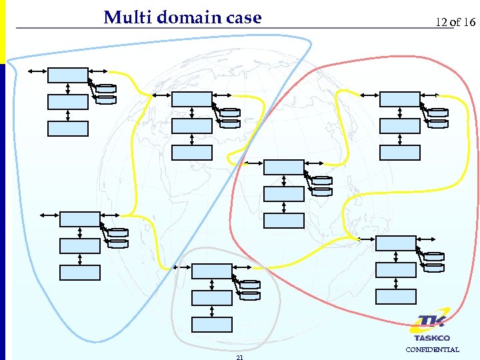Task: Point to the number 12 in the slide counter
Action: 441,22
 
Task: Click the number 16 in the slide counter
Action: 469,22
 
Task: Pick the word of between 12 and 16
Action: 455,22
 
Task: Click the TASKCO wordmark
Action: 431,338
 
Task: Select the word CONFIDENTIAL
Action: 432,349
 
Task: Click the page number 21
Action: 239,357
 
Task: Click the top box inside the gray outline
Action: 211,271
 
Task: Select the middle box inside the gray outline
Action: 211,298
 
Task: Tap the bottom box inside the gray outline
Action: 211,325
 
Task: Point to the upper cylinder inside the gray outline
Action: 250,284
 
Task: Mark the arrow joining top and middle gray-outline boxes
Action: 211,285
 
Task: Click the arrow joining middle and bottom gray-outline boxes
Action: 211,311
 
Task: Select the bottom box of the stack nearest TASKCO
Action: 396,297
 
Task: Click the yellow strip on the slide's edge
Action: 2,30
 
